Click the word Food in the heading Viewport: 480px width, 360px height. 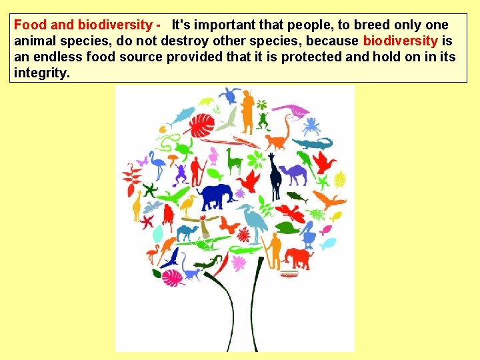30,25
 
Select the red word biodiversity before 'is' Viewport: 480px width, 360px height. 400,41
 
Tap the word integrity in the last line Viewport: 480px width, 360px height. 41,73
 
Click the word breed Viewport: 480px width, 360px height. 371,25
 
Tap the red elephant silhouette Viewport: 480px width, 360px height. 297,257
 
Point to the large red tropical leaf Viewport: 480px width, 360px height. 202,125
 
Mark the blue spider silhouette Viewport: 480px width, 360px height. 311,124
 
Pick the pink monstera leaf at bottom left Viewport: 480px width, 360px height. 173,276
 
